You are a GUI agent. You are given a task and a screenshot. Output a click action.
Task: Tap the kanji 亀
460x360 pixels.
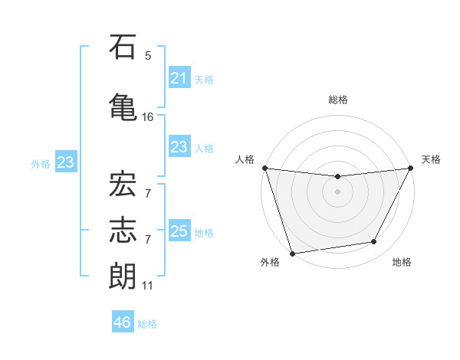[x=123, y=106]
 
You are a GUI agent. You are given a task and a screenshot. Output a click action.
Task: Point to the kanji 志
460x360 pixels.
[x=123, y=227]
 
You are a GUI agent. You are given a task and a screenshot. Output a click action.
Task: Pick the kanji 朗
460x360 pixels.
[x=123, y=276]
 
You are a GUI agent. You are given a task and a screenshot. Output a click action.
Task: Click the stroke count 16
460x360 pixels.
[x=148, y=117]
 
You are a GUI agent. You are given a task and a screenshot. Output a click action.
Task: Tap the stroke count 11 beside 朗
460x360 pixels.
[x=148, y=286]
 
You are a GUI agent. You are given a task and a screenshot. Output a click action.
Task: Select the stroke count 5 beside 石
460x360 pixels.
[x=148, y=56]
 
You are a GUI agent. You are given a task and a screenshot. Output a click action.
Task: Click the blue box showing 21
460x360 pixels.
[x=179, y=78]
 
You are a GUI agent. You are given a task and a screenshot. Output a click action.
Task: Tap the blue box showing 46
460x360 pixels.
[x=123, y=322]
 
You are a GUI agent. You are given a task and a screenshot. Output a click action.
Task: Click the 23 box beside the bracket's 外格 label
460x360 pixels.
[x=65, y=162]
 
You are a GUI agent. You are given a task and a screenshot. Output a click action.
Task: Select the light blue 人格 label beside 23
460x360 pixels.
[x=204, y=148]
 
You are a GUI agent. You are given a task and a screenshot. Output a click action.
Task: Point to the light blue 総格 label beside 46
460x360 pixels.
[x=147, y=324]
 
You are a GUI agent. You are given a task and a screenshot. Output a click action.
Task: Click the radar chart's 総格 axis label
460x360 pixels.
[x=337, y=100]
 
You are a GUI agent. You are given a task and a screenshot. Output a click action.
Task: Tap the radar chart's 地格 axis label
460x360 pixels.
[x=402, y=263]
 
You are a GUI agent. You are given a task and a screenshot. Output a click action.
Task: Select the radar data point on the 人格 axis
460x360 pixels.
[x=264, y=168]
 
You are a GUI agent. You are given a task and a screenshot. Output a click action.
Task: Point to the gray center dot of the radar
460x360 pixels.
[x=337, y=191]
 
